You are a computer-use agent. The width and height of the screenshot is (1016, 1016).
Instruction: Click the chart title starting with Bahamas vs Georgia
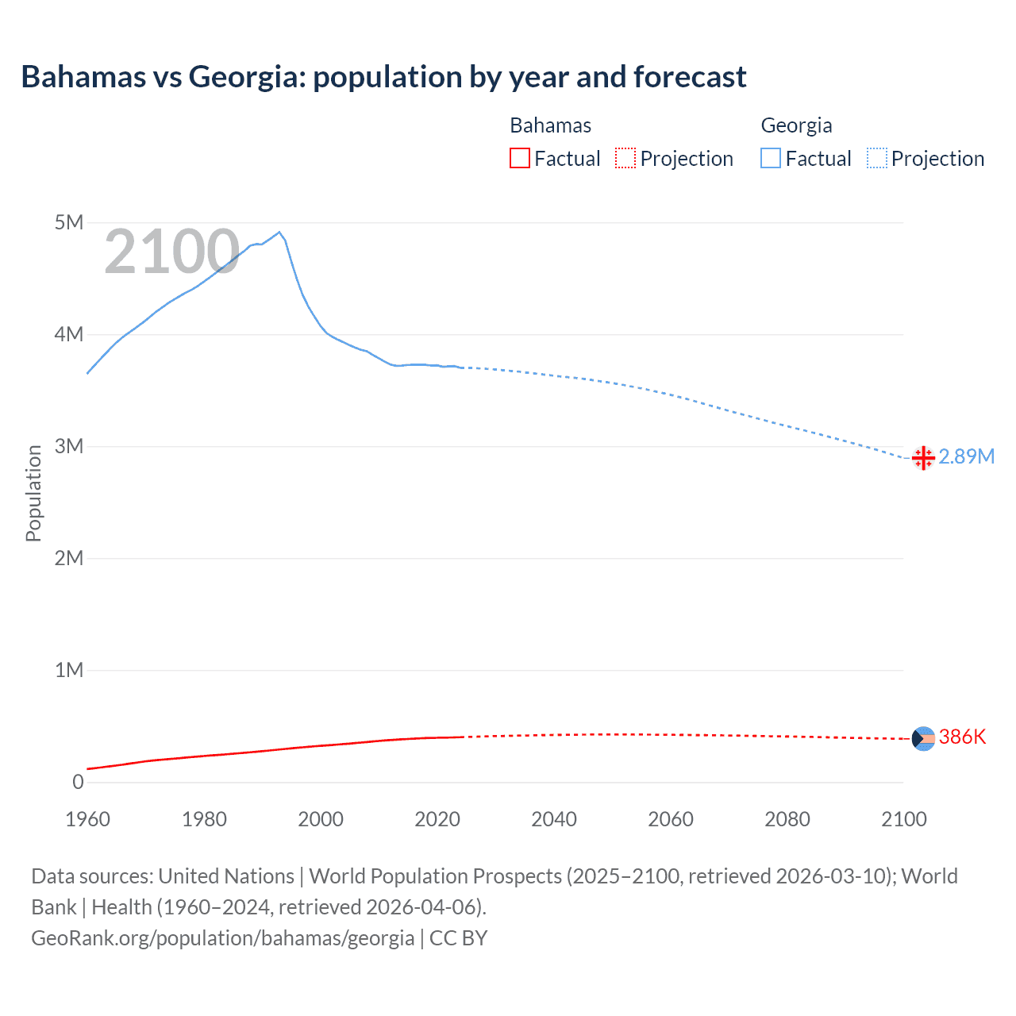(383, 77)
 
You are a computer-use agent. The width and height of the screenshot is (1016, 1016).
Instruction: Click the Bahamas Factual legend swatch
(519, 158)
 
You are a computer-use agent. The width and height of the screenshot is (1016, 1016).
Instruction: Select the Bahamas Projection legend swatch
(625, 158)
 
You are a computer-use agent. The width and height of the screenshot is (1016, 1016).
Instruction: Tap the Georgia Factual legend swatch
(770, 158)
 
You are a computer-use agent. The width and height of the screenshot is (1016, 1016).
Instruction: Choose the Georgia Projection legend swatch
(876, 158)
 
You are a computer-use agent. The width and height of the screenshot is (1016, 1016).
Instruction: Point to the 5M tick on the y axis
(69, 222)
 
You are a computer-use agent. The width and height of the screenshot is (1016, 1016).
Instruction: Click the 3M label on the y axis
(69, 446)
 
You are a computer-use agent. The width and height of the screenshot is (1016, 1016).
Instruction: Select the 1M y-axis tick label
(69, 670)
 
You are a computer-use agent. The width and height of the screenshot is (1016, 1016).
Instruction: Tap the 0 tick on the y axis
(78, 782)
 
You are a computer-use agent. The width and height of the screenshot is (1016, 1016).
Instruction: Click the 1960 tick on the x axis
(87, 819)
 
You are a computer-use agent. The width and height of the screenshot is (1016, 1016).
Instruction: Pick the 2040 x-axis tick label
(554, 819)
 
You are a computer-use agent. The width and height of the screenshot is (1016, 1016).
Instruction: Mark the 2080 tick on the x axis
(787, 819)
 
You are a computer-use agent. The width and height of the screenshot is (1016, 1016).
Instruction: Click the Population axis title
(33, 493)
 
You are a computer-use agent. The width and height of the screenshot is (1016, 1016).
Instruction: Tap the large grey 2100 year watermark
(171, 252)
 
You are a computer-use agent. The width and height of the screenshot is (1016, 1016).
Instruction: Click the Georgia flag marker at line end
(923, 458)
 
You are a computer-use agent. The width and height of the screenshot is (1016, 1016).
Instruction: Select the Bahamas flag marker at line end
(923, 738)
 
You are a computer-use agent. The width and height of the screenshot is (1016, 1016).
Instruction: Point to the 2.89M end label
(966, 456)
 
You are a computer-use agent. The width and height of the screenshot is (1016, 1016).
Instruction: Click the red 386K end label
(962, 737)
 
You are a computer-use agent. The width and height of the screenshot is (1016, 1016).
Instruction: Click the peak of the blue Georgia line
(279, 233)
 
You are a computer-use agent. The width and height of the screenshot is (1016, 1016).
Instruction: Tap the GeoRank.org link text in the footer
(222, 937)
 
